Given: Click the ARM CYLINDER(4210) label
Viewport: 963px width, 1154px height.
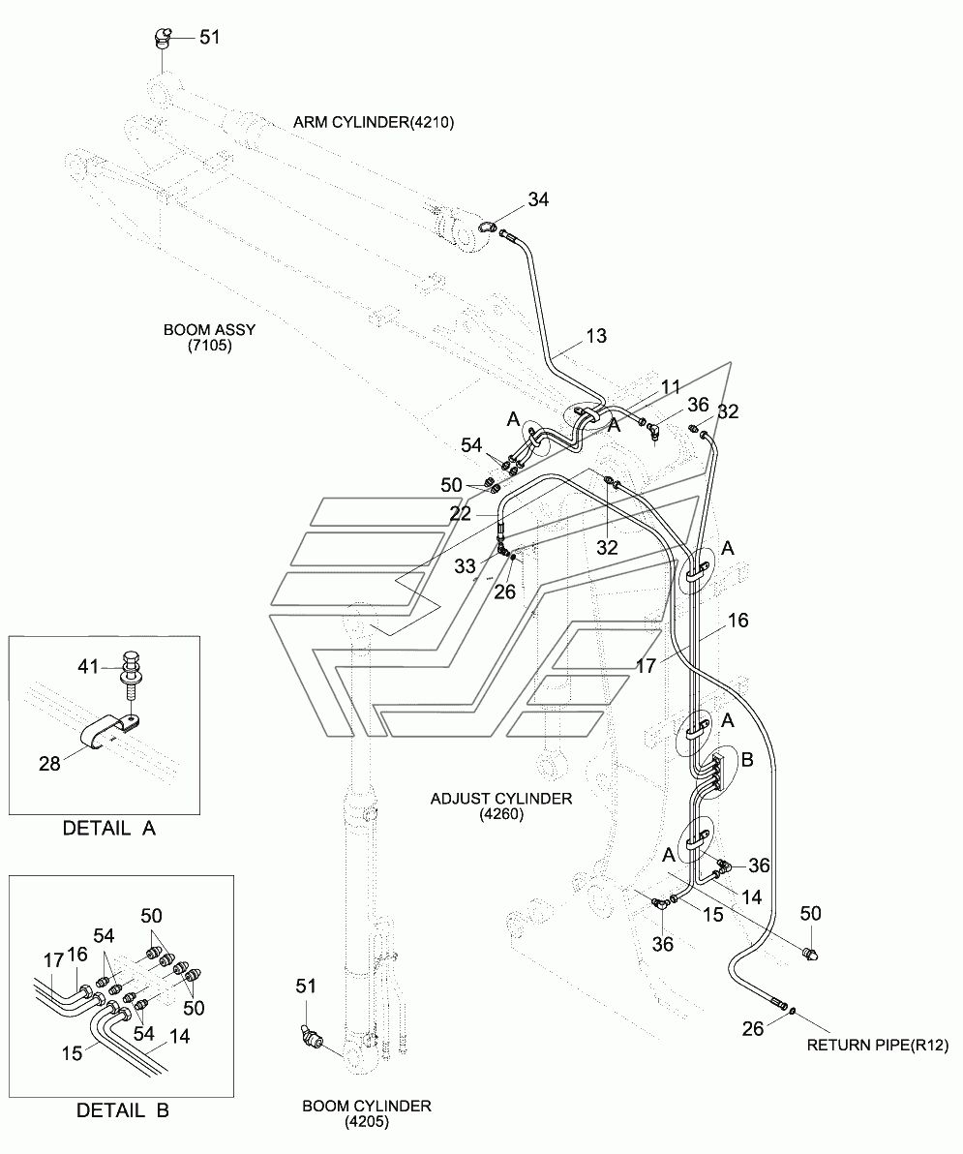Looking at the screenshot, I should (x=373, y=122).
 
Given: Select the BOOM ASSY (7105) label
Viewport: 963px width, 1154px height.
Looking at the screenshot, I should (x=210, y=337).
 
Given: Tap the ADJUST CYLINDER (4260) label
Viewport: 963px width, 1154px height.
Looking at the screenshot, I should (x=500, y=806).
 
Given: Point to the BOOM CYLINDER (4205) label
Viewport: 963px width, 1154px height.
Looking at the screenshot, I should (x=366, y=1113).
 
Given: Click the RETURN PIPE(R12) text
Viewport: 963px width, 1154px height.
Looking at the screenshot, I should (x=878, y=1045).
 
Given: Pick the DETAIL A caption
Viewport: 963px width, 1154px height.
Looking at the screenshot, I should (x=108, y=829).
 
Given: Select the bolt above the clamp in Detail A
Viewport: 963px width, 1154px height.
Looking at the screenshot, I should (x=131, y=675).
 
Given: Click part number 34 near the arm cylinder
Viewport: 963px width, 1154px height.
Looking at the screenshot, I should (x=538, y=200).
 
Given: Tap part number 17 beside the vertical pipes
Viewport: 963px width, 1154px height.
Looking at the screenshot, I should (x=646, y=665).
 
